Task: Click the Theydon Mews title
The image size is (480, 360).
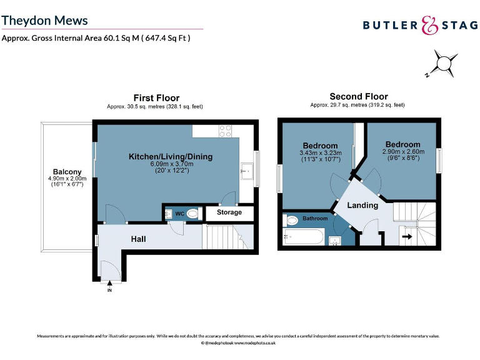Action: (x=44, y=21)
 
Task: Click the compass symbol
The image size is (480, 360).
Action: (x=444, y=64)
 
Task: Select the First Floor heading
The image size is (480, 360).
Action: (x=156, y=98)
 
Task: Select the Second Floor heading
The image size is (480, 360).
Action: (x=359, y=97)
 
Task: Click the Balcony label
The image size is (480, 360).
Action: (x=67, y=172)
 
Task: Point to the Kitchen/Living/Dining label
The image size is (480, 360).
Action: (x=171, y=156)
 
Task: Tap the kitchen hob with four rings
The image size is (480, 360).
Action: (x=226, y=131)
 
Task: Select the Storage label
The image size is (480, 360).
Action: (x=229, y=212)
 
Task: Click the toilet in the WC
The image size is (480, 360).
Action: (x=194, y=214)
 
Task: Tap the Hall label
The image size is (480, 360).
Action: (x=139, y=239)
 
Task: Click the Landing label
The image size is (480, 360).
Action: (x=362, y=205)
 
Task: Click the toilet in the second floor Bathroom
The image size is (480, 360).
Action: (x=291, y=220)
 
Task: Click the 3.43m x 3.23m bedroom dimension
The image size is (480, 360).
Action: (x=319, y=152)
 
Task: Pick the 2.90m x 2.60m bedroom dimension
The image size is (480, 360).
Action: (x=402, y=151)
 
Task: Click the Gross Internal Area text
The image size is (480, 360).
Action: (x=96, y=38)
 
